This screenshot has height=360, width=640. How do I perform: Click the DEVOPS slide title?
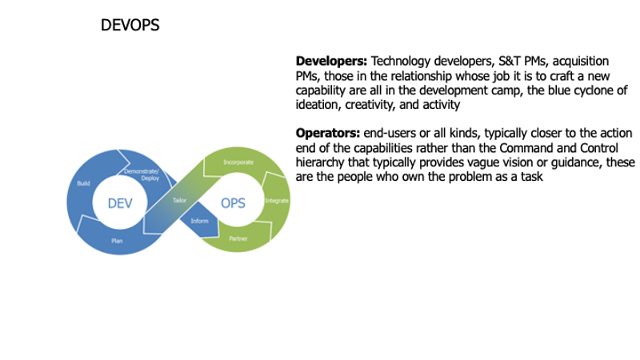tap(130, 26)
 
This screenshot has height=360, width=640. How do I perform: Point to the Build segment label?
tap(82, 183)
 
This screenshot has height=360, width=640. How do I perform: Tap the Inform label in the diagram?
tap(200, 220)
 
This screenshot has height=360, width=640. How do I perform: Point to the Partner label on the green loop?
tap(238, 239)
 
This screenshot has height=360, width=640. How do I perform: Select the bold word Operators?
tap(328, 133)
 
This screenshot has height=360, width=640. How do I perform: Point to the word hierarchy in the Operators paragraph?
tap(322, 162)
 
